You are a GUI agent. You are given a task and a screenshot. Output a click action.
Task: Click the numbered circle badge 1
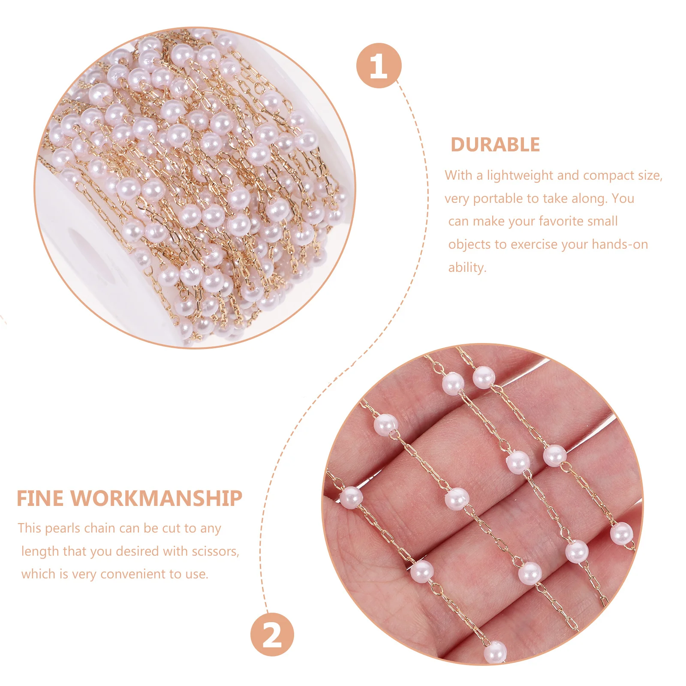[x=379, y=66]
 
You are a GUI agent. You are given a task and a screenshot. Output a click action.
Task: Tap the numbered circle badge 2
[x=272, y=635]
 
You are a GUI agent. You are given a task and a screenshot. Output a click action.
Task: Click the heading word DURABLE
[x=495, y=145]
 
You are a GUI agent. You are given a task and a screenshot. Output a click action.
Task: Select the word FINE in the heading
[x=40, y=499]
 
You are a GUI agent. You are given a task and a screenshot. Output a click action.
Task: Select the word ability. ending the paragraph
[x=467, y=268]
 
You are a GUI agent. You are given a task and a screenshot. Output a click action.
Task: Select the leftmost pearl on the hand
[x=352, y=498]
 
